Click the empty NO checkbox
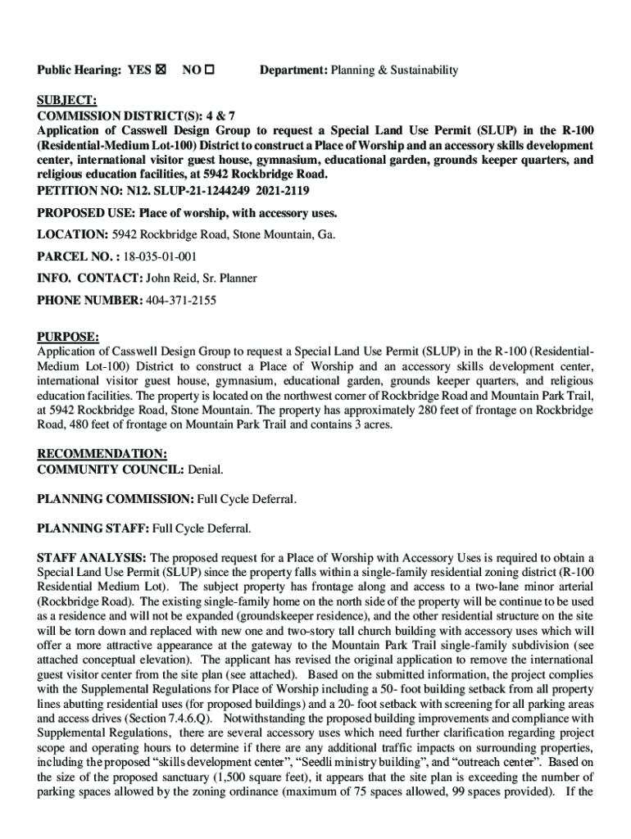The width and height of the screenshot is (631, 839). pos(209,70)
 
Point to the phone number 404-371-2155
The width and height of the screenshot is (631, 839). pos(180,301)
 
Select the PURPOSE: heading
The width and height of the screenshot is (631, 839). pos(68,337)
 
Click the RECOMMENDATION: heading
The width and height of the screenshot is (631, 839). pos(102,454)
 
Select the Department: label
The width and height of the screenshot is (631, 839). pos(293,70)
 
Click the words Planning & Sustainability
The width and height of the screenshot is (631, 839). pos(394,70)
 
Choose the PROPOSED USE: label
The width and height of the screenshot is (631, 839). pos(86,213)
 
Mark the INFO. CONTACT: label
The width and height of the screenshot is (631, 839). pos(90,279)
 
